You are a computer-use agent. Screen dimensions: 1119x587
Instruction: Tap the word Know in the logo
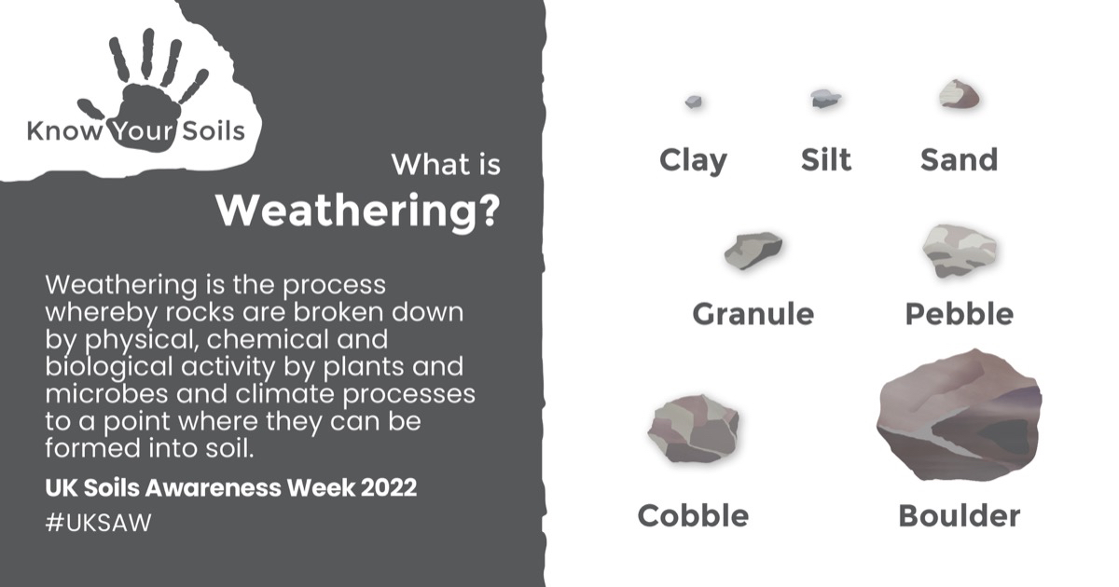64,131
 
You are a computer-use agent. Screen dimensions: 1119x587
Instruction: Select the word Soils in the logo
214,131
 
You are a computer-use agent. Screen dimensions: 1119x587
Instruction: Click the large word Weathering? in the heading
358,211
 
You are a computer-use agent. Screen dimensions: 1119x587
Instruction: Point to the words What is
446,164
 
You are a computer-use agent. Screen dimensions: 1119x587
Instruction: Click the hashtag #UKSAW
98,523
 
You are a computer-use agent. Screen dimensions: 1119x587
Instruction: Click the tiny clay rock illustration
694,102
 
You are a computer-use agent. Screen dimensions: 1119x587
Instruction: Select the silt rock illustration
826,99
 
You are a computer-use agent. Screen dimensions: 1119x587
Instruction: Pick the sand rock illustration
960,94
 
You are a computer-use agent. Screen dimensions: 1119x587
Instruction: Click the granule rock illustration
753,251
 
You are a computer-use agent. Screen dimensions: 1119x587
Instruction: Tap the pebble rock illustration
960,251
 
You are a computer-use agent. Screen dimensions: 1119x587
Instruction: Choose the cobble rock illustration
694,429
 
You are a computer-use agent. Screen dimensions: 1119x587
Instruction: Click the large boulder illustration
960,416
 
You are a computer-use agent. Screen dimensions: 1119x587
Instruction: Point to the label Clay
694,160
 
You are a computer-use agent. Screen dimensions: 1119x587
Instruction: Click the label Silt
826,159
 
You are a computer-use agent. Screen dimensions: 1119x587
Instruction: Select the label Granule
753,314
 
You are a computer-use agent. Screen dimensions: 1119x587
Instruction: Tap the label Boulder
960,515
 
